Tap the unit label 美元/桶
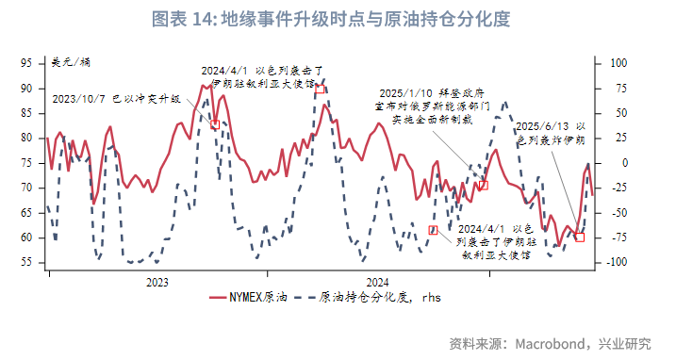coord(71,62)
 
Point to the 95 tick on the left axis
coord(27,63)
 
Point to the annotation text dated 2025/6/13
coord(552,132)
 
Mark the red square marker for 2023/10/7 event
coord(216,124)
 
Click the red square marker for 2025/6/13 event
coord(579,237)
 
